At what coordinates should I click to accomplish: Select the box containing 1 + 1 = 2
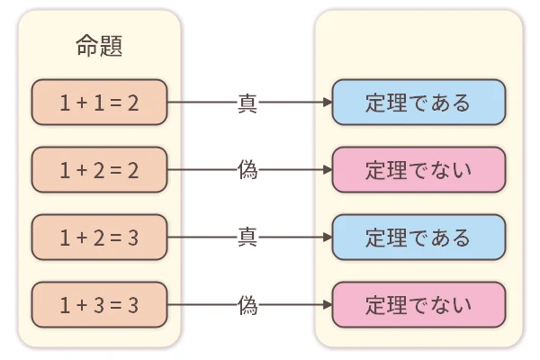(x=99, y=103)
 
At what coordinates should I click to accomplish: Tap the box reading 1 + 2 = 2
(x=99, y=170)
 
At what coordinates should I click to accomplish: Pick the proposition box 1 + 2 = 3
(x=99, y=238)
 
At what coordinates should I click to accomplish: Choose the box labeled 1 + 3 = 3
(x=99, y=305)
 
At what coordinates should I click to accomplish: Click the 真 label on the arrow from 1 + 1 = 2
(x=247, y=103)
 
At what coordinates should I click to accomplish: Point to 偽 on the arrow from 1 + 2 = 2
(x=247, y=170)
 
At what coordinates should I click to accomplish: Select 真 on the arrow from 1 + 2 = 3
(x=247, y=238)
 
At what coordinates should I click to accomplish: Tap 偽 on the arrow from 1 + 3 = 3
(x=247, y=305)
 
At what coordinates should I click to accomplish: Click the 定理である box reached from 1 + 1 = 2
(x=418, y=103)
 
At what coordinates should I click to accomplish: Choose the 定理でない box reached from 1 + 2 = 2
(x=418, y=170)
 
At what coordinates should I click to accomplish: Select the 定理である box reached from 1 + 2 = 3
(x=418, y=238)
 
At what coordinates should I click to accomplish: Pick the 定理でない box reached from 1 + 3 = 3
(x=418, y=305)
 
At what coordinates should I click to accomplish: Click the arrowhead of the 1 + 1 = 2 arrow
(x=326, y=103)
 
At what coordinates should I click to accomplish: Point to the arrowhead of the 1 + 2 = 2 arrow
(x=326, y=170)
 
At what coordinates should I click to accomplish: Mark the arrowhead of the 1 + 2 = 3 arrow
(x=326, y=238)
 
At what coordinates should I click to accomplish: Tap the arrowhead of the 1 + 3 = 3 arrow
(x=326, y=305)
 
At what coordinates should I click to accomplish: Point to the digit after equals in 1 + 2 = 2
(x=133, y=170)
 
